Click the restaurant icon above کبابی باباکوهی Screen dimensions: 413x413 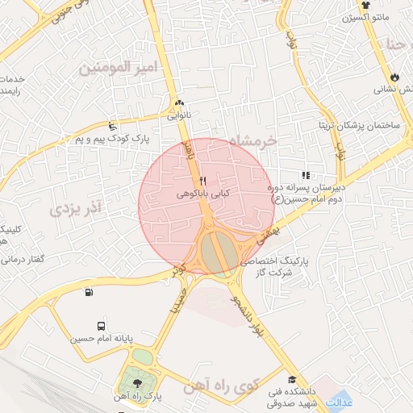coord(203,181)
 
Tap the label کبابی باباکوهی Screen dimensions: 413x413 coord(203,194)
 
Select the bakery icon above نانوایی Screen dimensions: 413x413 coord(179,103)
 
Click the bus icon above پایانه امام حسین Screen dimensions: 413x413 coord(101,327)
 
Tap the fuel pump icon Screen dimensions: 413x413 coord(87,291)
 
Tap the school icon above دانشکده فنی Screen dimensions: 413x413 coord(290,379)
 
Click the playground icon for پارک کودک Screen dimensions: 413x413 coord(112,126)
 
